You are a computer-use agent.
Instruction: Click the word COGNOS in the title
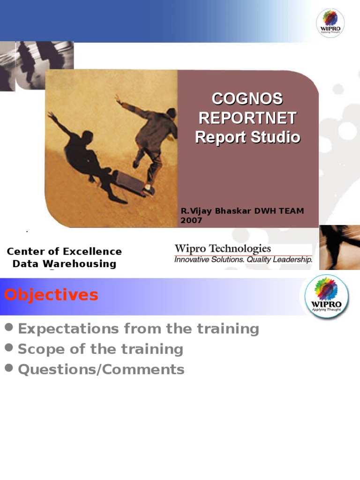[x=247, y=99]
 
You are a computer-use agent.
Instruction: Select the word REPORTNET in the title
[x=247, y=118]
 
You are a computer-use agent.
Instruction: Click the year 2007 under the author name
[x=191, y=220]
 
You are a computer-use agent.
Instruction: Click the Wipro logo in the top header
[x=330, y=22]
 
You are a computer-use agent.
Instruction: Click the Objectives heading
[x=51, y=295]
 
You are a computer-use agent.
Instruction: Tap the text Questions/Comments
[x=101, y=369]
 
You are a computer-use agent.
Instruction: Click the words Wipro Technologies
[x=223, y=249]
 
